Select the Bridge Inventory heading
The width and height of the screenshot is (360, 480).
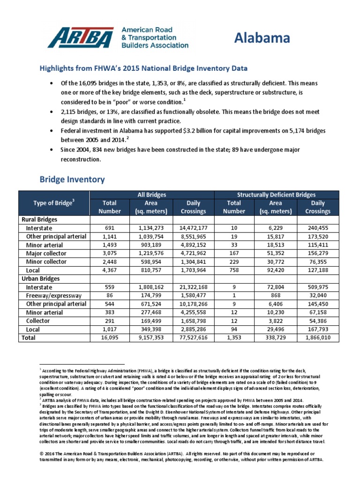72,180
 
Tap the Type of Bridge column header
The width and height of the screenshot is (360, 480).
53,203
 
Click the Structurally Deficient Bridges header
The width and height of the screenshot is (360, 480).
276,195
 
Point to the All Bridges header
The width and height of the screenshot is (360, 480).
151,195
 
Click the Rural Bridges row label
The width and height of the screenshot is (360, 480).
38,219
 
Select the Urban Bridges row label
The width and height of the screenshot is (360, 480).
39,278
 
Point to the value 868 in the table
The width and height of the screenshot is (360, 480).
276,295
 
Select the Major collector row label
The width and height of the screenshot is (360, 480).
46,253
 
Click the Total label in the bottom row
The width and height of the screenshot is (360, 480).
29,337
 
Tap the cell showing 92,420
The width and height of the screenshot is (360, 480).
276,270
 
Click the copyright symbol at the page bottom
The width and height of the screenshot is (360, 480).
42,454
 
